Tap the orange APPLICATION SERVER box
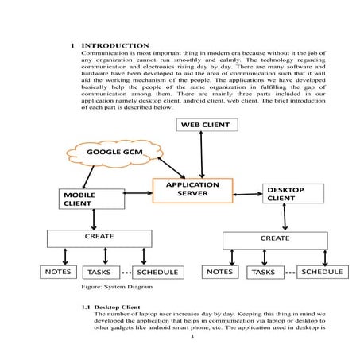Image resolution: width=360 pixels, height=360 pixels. click(x=192, y=190)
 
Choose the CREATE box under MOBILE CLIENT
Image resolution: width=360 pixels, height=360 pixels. click(x=99, y=238)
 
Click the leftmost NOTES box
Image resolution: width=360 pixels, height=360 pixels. click(x=58, y=272)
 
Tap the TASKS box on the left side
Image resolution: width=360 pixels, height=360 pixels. click(x=99, y=273)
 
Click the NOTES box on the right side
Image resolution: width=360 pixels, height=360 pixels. click(x=219, y=273)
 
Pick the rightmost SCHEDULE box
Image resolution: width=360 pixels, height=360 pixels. click(x=322, y=272)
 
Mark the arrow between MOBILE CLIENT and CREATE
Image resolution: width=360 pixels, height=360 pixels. click(x=95, y=219)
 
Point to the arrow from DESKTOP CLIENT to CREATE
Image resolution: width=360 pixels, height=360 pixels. click(x=284, y=218)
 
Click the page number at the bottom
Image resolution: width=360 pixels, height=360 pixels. click(x=192, y=335)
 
